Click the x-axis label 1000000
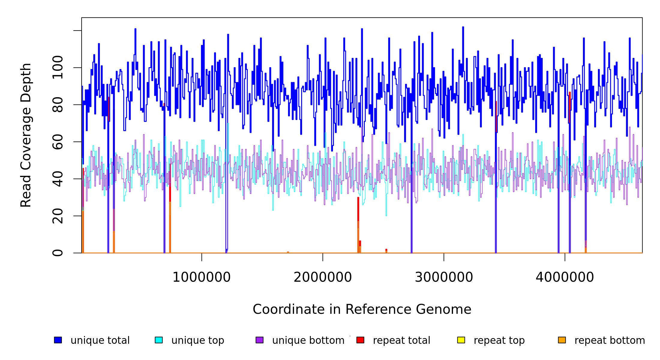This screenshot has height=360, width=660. point(202,277)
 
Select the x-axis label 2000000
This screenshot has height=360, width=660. point(323,277)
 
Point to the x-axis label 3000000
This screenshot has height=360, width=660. point(444,277)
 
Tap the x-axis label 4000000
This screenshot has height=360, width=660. point(565,277)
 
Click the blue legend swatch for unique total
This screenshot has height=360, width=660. point(58,340)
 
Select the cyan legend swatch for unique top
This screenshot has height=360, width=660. point(159,340)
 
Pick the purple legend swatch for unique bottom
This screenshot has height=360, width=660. point(259,340)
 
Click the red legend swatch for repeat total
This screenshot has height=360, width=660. point(360,340)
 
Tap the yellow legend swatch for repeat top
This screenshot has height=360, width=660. point(461,340)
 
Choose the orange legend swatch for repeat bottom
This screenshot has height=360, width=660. point(562,340)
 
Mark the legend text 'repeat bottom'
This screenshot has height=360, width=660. point(610,340)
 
